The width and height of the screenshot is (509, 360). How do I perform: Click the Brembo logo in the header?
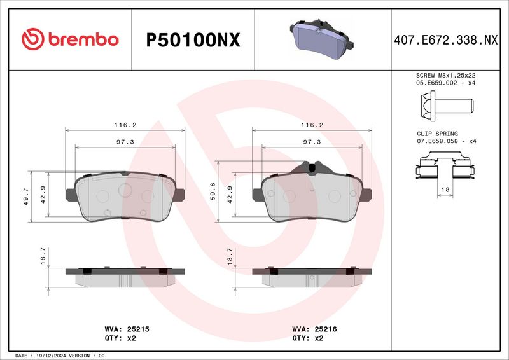pyautogui.click(x=70, y=39)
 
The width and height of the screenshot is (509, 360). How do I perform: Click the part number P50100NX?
pyautogui.click(x=193, y=40)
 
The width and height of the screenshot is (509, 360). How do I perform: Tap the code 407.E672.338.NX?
pyautogui.click(x=446, y=40)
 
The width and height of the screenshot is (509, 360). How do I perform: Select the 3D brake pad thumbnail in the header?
pyautogui.click(x=321, y=39)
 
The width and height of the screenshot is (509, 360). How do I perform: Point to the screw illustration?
pyautogui.click(x=447, y=106)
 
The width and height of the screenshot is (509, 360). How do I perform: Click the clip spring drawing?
pyautogui.click(x=445, y=165)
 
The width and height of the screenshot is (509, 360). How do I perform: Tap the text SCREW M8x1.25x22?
pyautogui.click(x=446, y=75)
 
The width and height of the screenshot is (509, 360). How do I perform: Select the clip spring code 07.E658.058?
pyautogui.click(x=437, y=141)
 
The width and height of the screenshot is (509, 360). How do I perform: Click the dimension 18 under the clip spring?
pyautogui.click(x=445, y=190)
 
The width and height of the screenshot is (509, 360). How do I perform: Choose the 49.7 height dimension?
pyautogui.click(x=26, y=197)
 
